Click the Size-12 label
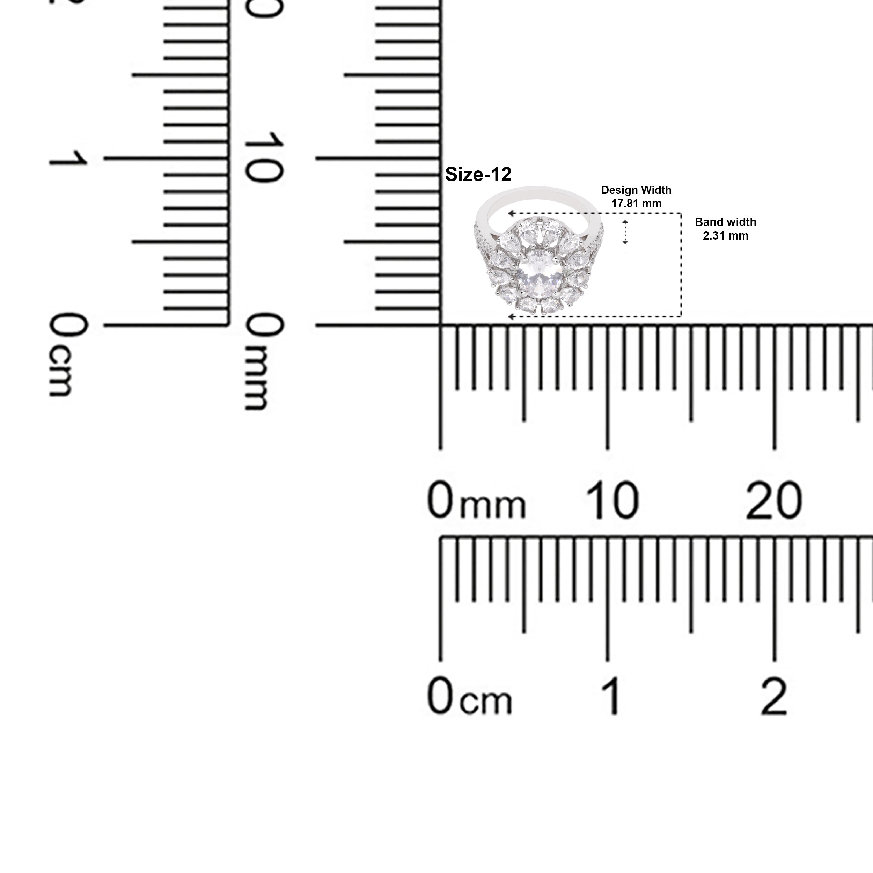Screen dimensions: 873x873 coord(478,174)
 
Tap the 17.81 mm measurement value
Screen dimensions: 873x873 coord(636,203)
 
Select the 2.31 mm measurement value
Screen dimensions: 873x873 coord(725,235)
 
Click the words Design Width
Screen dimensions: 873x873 coord(636,190)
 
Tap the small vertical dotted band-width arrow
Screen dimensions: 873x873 coord(625,232)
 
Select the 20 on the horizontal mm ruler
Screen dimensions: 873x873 coord(774,500)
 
